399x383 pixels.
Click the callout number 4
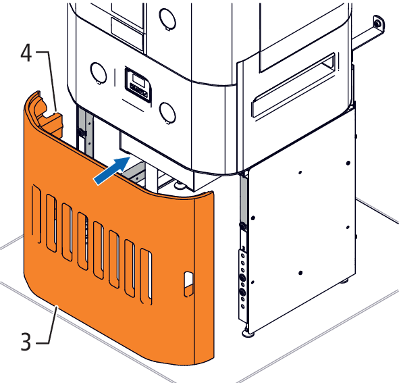pos(26,53)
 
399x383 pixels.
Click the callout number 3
pos(26,342)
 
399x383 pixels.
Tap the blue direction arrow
pos(112,170)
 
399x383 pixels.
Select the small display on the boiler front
pos(138,85)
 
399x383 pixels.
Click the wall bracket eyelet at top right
pos(378,24)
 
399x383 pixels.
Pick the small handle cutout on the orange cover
pos(188,284)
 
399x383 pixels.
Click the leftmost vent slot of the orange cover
pos(36,214)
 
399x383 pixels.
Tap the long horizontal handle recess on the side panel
pos(294,85)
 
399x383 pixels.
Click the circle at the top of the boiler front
pos(167,18)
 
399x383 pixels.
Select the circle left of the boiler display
pos(99,73)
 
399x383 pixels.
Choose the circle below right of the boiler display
pos(167,113)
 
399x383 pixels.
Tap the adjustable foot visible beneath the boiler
pos(179,184)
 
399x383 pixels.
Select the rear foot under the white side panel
pos(345,281)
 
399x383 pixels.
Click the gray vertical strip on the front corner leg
pos(243,199)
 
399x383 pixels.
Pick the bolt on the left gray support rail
pos(80,132)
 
